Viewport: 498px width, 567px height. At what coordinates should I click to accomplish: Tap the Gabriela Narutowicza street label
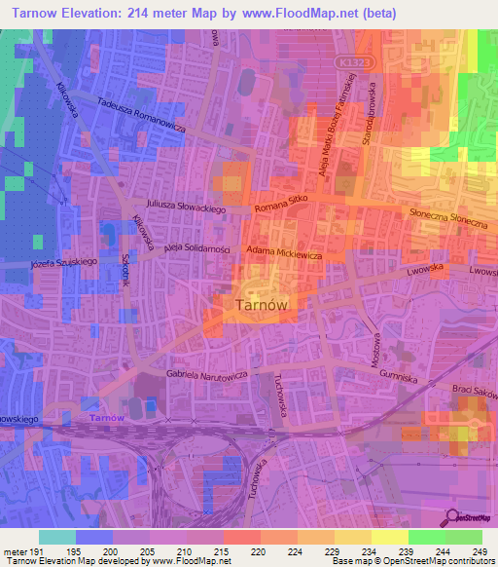[209, 374]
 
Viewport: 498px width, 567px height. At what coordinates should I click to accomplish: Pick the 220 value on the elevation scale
[258, 551]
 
